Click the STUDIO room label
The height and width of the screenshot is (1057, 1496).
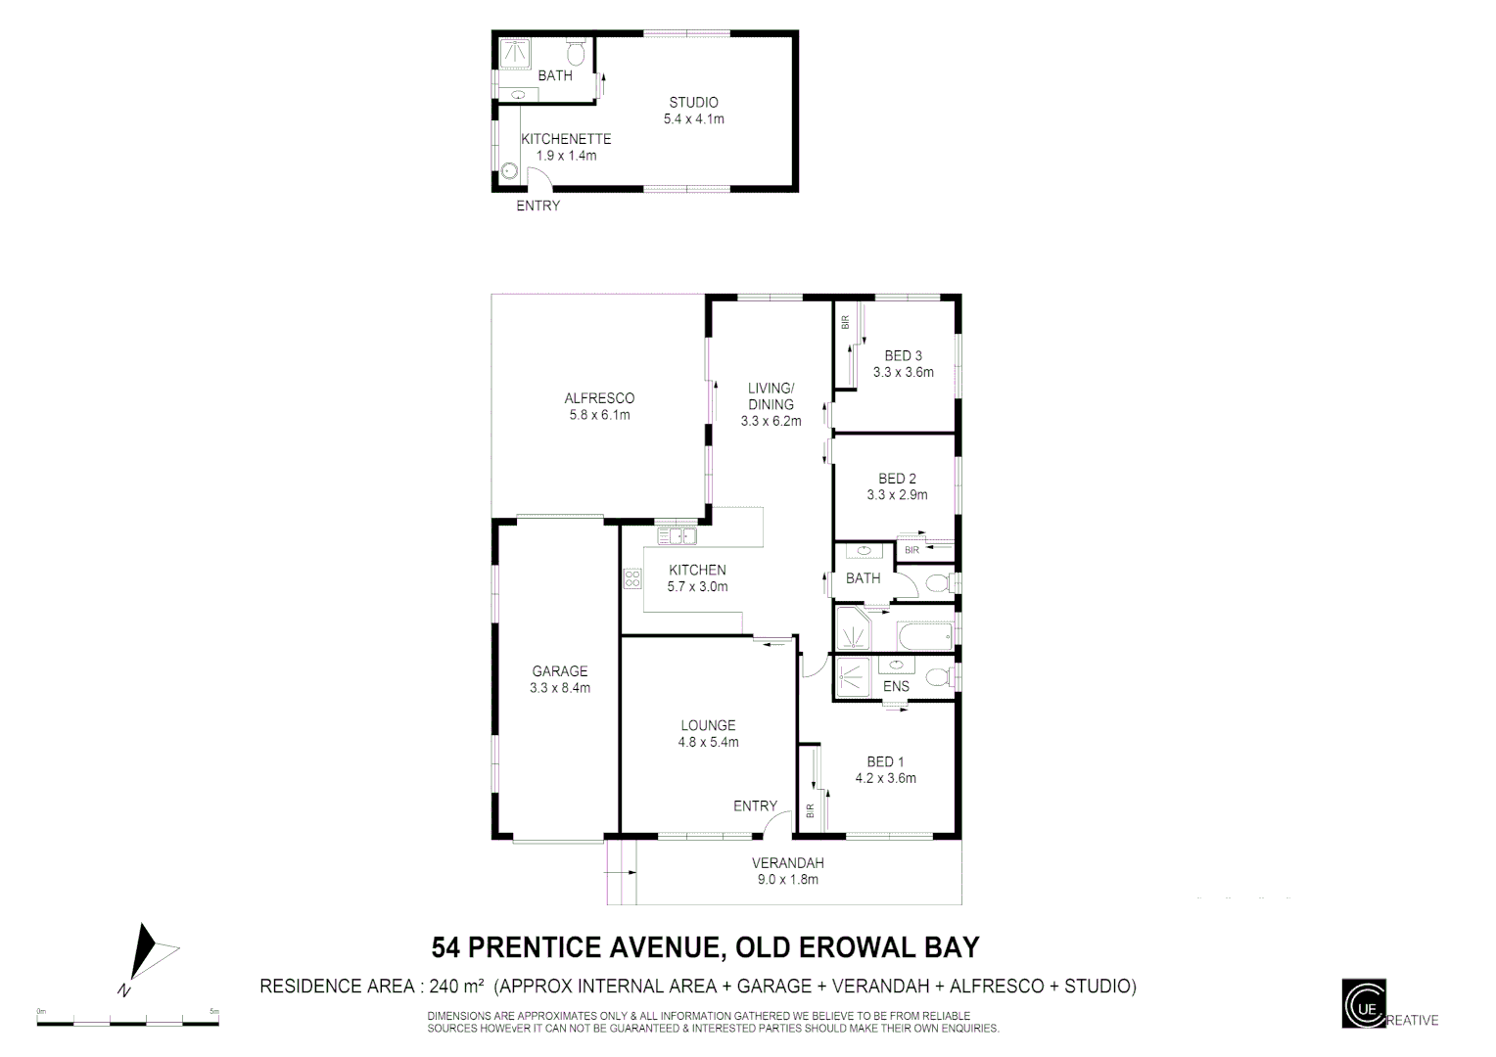tap(693, 102)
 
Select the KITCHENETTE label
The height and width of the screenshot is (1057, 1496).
tap(566, 139)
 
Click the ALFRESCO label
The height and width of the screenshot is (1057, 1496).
tap(599, 398)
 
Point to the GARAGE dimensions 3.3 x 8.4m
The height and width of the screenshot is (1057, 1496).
tap(560, 688)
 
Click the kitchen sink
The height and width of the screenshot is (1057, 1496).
tap(676, 535)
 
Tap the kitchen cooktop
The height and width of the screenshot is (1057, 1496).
tap(631, 578)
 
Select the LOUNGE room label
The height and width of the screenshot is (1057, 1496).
tap(708, 725)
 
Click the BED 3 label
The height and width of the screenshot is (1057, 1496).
tap(903, 355)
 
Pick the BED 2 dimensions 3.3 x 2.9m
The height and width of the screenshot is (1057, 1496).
tap(897, 495)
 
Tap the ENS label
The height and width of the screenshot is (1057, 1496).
tap(896, 686)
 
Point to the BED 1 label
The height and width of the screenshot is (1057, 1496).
tap(885, 761)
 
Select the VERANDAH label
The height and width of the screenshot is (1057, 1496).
tap(787, 863)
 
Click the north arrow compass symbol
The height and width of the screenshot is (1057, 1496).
tap(147, 953)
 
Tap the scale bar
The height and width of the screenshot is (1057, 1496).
tap(127, 1023)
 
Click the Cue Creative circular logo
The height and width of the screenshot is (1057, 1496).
tap(1364, 1003)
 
